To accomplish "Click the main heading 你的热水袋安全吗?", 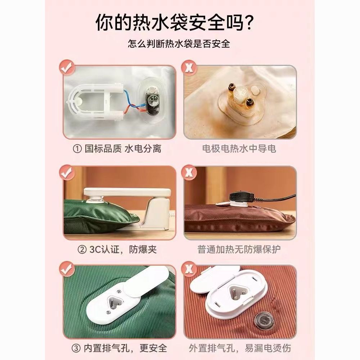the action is [x=175, y=22].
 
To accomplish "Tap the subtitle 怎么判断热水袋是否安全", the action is [x=179, y=44].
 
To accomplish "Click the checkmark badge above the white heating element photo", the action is [x=67, y=68].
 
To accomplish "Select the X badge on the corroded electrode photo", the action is [x=189, y=68].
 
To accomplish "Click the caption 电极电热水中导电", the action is [x=239, y=149].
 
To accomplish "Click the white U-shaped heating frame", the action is [x=96, y=102].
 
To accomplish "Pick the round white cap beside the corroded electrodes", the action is [x=255, y=90].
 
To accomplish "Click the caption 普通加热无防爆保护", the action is [x=239, y=249].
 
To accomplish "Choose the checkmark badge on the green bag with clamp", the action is [x=67, y=173].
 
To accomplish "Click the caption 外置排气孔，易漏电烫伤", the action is [x=240, y=348].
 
